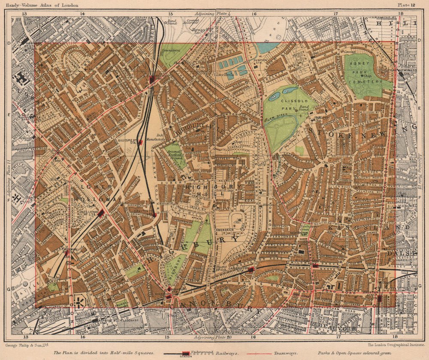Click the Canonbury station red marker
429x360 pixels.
click(x=251, y=269)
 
